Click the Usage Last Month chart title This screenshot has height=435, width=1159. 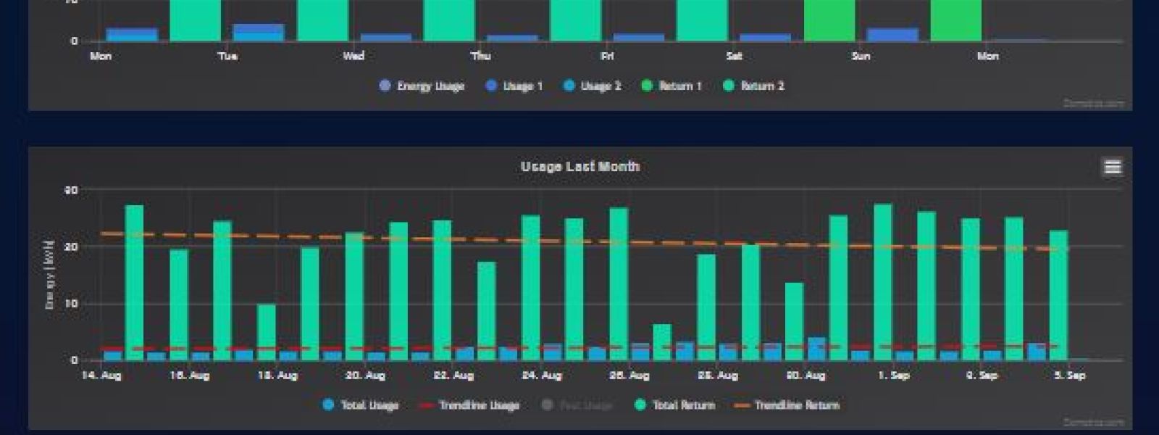(x=579, y=167)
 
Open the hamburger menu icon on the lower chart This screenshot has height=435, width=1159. (x=1113, y=167)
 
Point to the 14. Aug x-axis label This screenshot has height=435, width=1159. (x=101, y=376)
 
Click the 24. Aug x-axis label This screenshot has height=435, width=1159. (x=542, y=376)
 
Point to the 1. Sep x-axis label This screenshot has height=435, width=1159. (x=893, y=376)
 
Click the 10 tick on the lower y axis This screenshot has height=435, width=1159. (x=72, y=304)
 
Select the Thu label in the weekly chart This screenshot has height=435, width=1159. (x=480, y=56)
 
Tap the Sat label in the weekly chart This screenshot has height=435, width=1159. (x=734, y=56)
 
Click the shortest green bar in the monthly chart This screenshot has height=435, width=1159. (x=662, y=342)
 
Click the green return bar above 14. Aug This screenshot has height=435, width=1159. (x=134, y=283)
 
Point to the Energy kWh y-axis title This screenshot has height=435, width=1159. (x=50, y=275)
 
